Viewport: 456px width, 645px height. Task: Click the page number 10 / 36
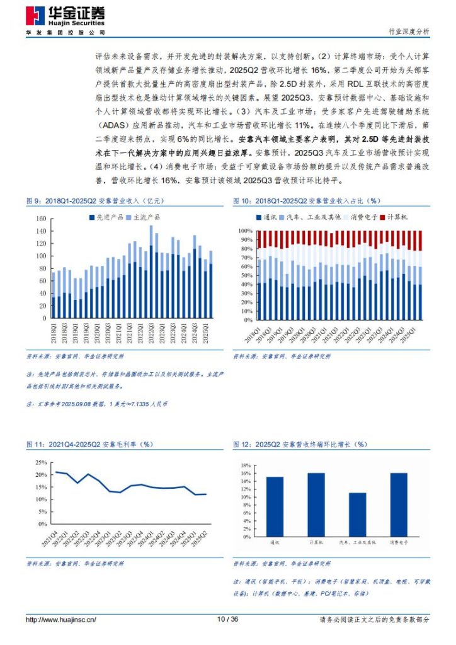pyautogui.click(x=227, y=620)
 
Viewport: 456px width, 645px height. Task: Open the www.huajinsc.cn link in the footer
pyautogui.click(x=60, y=620)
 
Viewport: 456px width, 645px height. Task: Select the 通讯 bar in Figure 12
pyautogui.click(x=275, y=503)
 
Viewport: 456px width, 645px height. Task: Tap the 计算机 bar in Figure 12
pyautogui.click(x=316, y=501)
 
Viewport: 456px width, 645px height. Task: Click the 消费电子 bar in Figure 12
pyautogui.click(x=398, y=501)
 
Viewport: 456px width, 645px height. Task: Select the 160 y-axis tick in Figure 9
pyautogui.click(x=42, y=219)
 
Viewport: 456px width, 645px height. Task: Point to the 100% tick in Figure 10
pyautogui.click(x=245, y=231)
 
